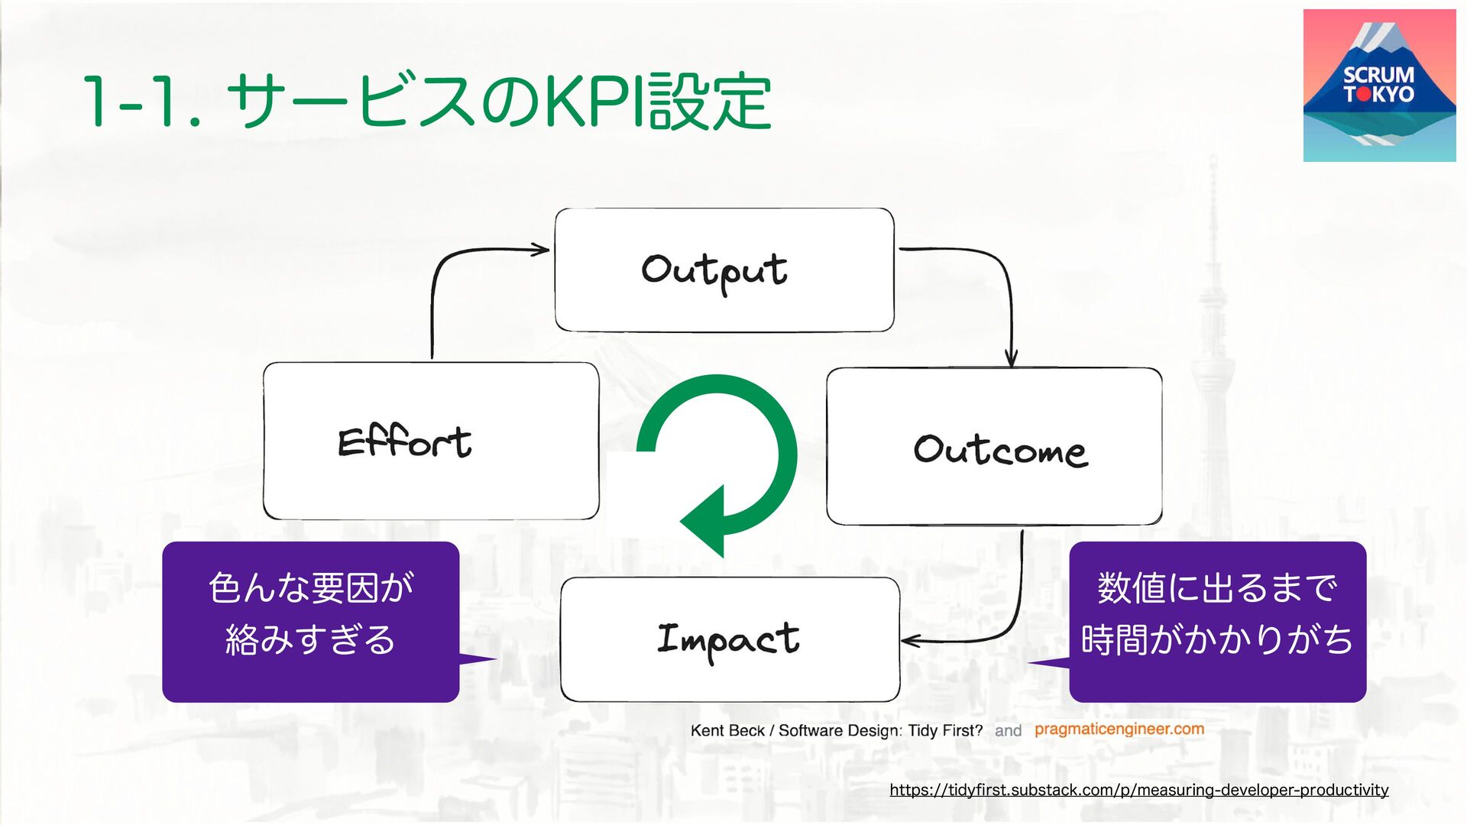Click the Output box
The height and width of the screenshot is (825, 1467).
click(724, 270)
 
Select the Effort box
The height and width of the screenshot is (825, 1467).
click(431, 441)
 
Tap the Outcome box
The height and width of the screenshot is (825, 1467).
click(994, 447)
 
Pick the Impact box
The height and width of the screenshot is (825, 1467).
click(730, 639)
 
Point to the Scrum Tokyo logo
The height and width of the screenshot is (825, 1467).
click(1379, 86)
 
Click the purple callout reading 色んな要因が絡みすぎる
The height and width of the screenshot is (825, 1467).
click(310, 621)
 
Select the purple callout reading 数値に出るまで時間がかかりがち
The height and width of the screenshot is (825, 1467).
click(1217, 621)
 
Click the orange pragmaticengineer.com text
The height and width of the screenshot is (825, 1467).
click(1119, 730)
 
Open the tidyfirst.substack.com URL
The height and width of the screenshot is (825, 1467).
click(1138, 790)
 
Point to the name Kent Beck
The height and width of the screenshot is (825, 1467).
click(727, 731)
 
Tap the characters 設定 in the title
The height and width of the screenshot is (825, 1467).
click(711, 102)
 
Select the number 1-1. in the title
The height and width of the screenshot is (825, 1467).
click(141, 102)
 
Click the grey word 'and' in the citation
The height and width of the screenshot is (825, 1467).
click(1008, 731)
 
